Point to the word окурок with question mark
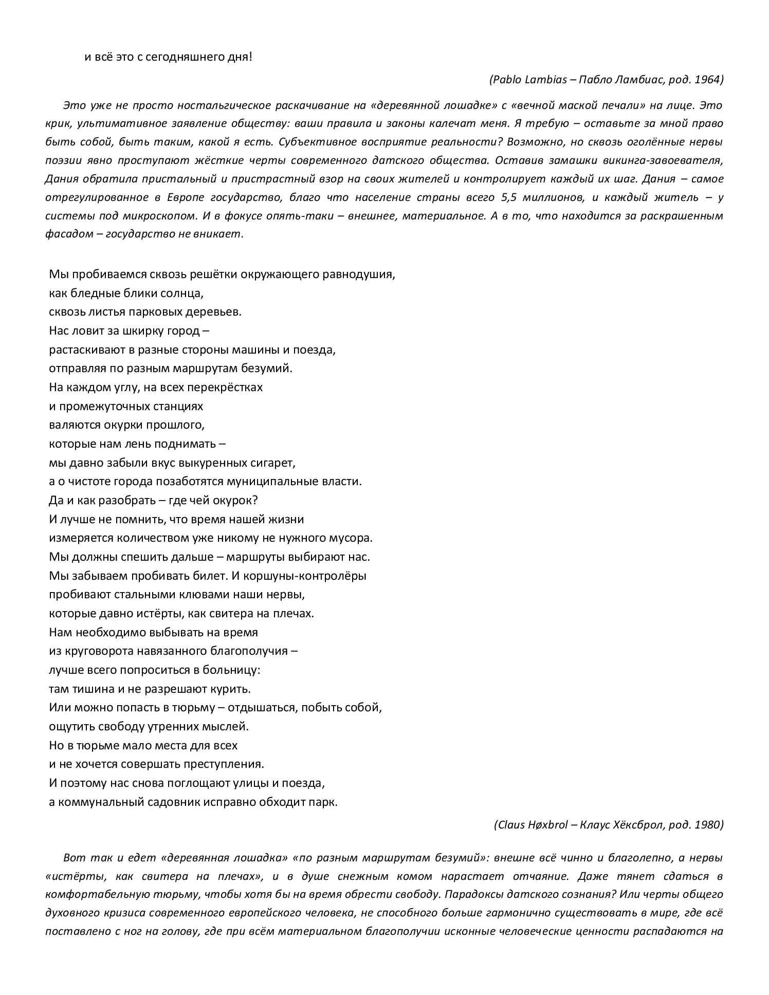236,500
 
